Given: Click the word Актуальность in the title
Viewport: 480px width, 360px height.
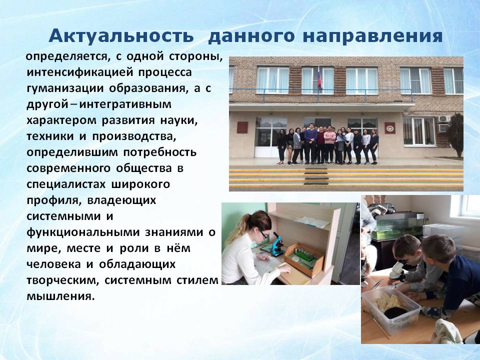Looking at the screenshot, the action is pos(121,36).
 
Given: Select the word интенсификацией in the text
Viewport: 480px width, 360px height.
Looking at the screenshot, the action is pos(80,72).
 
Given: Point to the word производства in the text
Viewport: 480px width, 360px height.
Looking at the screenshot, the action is pos(134,136).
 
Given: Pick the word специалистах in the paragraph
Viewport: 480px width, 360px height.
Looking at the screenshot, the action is pos(66,184).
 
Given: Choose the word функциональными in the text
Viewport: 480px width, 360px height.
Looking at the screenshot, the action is pos(83,232).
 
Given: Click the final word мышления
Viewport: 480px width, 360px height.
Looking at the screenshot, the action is pos(60,296).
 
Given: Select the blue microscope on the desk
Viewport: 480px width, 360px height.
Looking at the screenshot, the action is pos(277,244).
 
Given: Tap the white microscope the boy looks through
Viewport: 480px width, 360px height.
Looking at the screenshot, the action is pos(398,269).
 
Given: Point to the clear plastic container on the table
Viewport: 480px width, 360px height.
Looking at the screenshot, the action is pos(391,308).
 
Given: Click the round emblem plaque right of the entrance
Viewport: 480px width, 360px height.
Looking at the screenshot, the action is pos(390,128).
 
